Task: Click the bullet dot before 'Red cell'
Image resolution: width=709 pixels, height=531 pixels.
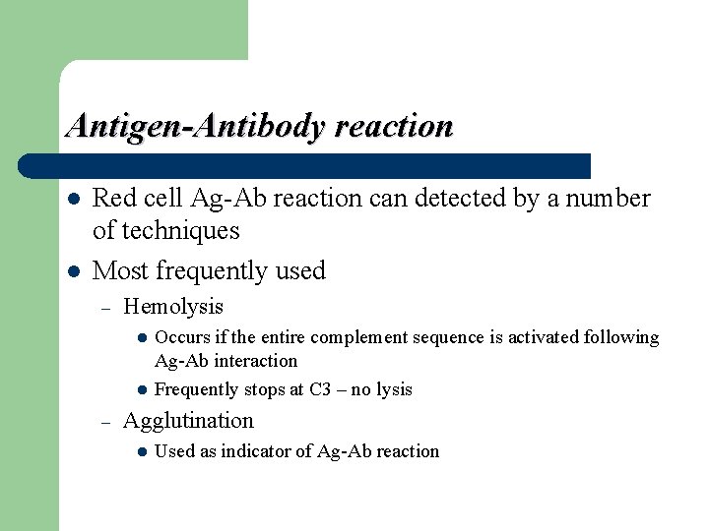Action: (x=71, y=199)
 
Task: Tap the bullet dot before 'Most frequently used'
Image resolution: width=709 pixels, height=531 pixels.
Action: (x=71, y=271)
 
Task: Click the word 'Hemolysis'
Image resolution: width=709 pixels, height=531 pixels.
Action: (x=173, y=307)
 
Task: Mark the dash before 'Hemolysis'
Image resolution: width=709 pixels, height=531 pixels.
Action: (x=104, y=308)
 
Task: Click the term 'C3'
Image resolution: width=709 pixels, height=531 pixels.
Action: (x=319, y=389)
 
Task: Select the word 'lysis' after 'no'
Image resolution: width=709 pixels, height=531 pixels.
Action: (x=394, y=389)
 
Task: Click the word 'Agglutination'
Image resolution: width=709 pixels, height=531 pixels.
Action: (x=188, y=421)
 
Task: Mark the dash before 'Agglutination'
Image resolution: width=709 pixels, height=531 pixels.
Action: (x=104, y=422)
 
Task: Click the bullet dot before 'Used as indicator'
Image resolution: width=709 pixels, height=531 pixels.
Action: (x=142, y=452)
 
